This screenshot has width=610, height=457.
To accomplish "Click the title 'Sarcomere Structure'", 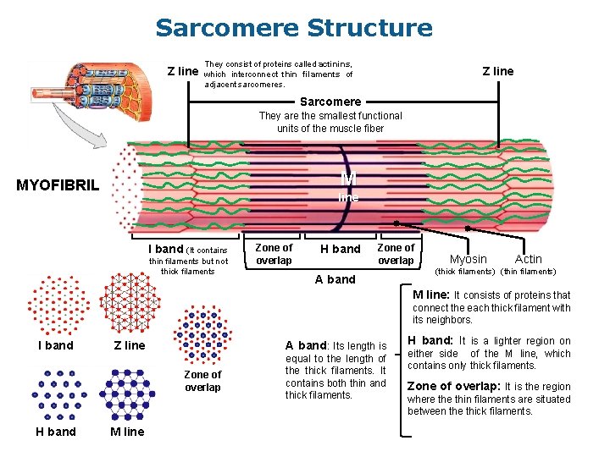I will (293, 28).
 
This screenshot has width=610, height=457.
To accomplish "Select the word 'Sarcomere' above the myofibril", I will (330, 102).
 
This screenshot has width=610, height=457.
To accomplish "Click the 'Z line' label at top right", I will (497, 71).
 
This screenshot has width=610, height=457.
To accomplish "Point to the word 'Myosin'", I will (468, 259).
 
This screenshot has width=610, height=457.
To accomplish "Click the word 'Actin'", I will (528, 259).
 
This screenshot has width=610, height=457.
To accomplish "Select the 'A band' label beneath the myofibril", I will (335, 279).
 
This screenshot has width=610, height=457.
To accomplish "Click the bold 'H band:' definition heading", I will (430, 341).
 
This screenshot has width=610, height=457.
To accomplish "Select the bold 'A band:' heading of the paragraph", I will (306, 345).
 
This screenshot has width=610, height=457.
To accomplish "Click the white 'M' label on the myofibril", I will (348, 179).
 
